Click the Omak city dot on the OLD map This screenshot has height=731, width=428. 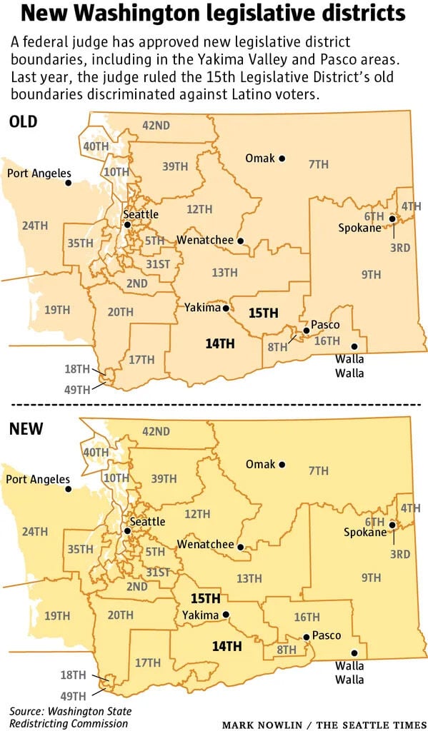point(282,158)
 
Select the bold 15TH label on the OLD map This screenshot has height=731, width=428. point(264,312)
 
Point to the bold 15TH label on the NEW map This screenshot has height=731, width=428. point(205,598)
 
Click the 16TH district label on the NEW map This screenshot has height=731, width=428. point(307,617)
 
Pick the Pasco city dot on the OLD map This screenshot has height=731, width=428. point(306,331)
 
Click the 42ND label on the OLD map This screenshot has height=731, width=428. point(156,125)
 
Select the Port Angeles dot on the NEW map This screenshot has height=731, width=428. point(69,489)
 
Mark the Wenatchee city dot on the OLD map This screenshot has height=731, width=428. point(241,241)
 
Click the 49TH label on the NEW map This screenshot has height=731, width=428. point(75,695)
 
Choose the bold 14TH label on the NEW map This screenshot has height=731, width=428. point(227,646)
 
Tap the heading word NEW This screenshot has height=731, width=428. point(26,429)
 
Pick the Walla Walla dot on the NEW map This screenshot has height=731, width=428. point(354,652)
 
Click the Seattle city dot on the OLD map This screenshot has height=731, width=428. point(127,224)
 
